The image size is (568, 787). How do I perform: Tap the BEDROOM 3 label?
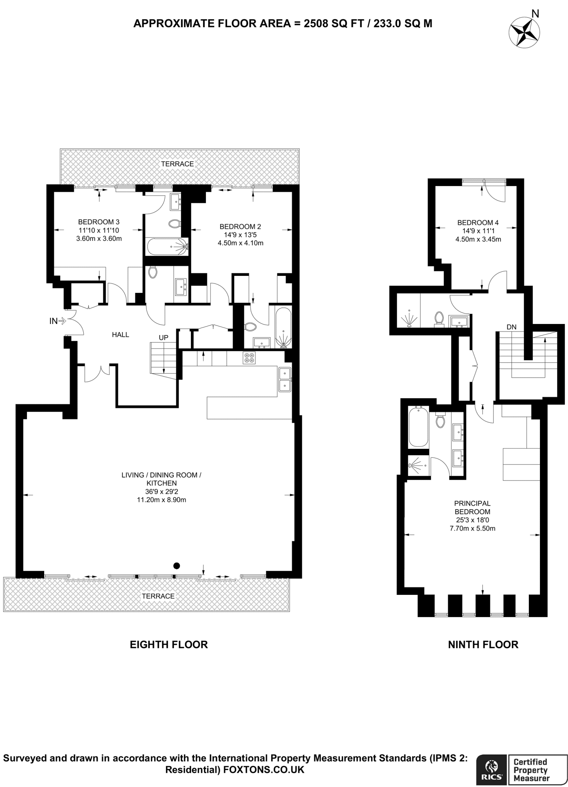click(x=99, y=222)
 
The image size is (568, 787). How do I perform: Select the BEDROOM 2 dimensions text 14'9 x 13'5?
click(x=240, y=235)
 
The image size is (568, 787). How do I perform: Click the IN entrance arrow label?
click(x=53, y=321)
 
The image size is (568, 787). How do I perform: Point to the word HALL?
click(x=120, y=335)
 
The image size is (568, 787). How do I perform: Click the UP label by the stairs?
click(x=164, y=337)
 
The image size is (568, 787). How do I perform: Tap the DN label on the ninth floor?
click(x=511, y=327)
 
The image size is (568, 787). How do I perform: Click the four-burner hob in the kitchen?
click(x=249, y=358)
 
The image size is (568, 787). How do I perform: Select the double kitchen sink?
click(x=285, y=379)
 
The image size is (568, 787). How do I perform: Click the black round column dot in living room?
click(x=176, y=565)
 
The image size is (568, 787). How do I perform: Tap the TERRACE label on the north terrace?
click(x=177, y=164)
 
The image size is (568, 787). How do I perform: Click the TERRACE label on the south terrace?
click(x=158, y=596)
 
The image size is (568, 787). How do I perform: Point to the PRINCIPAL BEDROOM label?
click(x=472, y=507)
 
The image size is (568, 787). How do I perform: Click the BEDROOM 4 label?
click(x=478, y=222)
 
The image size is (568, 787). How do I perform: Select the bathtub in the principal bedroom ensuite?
click(x=418, y=427)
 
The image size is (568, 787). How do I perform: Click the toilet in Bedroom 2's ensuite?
click(x=250, y=327)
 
